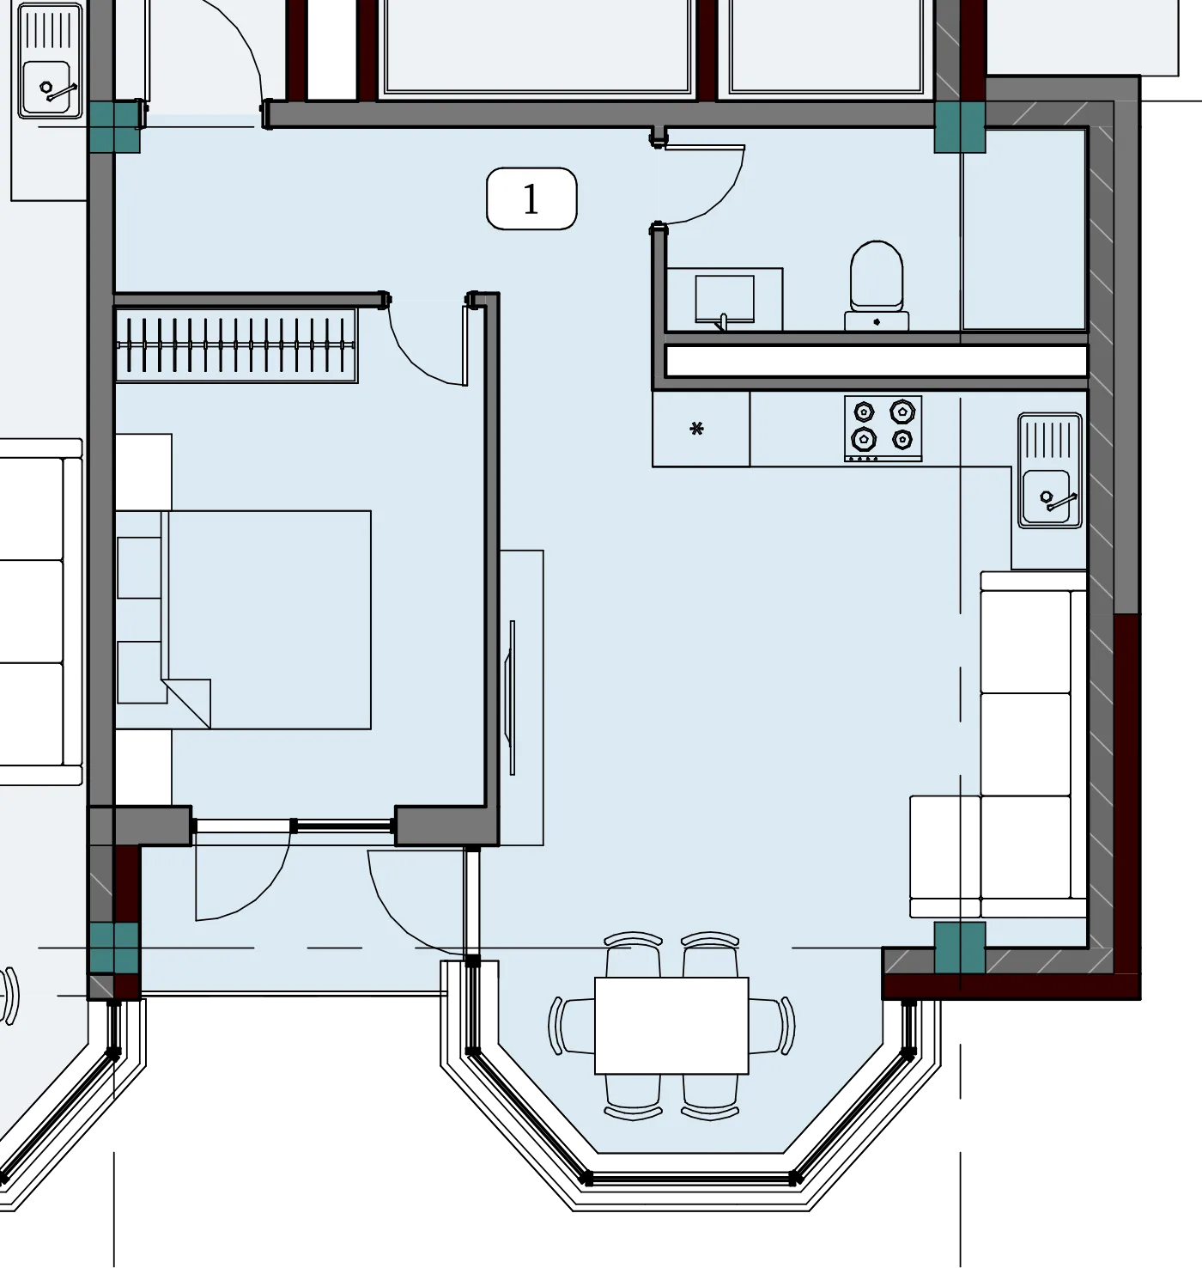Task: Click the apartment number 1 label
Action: [x=531, y=198]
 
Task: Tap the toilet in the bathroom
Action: [x=877, y=286]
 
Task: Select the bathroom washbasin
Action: [x=725, y=299]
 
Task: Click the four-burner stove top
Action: [x=883, y=429]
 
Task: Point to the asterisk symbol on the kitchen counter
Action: [x=696, y=429]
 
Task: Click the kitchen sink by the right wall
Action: [x=1050, y=471]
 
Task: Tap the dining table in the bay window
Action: [x=671, y=1025]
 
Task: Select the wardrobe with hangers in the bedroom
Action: [x=236, y=345]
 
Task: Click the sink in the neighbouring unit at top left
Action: [x=51, y=61]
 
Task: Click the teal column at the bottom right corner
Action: [x=960, y=946]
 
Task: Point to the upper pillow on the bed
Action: [x=139, y=568]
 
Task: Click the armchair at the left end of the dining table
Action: [x=571, y=1026]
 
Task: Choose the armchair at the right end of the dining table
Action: [x=772, y=1026]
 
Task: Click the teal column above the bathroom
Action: [x=960, y=127]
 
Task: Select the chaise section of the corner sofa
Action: [x=945, y=856]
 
